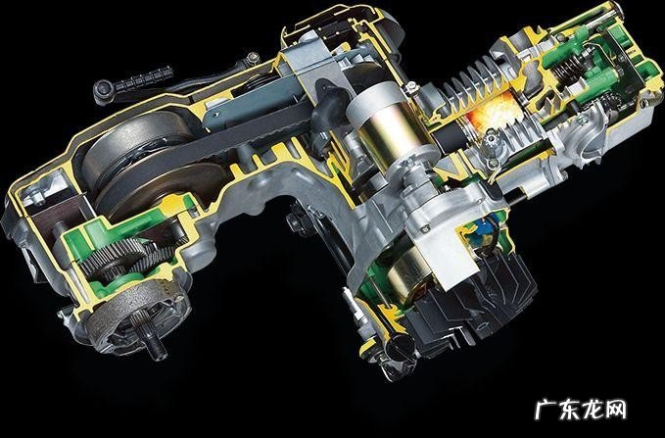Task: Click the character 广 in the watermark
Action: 546,410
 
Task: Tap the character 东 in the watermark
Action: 570,410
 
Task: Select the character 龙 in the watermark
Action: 593,410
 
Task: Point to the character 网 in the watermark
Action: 616,410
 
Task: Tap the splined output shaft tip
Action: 155,346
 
